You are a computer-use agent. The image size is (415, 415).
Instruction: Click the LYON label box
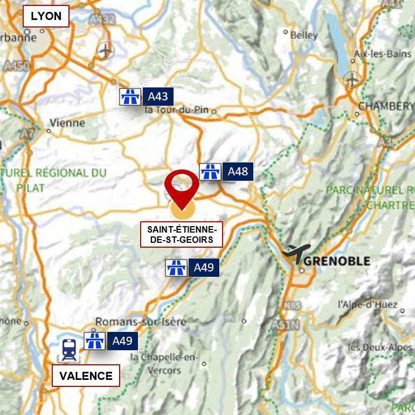(x=46, y=16)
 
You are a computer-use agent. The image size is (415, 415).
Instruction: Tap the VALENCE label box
(x=86, y=376)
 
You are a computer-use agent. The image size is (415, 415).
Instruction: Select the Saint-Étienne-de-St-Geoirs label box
(x=181, y=234)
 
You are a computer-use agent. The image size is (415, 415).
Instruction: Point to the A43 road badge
(x=157, y=97)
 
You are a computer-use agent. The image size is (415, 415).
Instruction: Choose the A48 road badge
(x=238, y=172)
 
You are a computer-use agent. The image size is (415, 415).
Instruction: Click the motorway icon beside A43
(x=130, y=97)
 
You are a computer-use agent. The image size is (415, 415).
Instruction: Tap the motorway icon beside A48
(x=210, y=172)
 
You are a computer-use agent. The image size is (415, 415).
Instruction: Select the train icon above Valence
(x=68, y=349)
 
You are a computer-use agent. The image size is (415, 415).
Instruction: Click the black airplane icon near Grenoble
(x=296, y=253)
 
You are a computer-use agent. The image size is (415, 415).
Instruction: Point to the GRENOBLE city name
(x=337, y=261)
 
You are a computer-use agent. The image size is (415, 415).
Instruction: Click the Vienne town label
(x=67, y=123)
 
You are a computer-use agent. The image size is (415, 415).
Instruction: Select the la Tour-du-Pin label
(x=178, y=111)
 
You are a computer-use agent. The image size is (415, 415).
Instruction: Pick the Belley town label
(x=303, y=35)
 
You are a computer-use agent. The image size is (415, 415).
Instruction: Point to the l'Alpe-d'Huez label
(x=367, y=304)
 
